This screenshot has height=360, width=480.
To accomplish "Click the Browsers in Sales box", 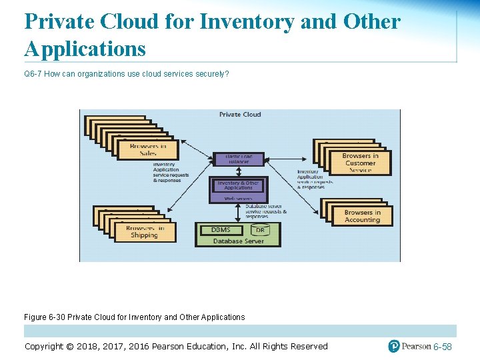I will click(147, 149).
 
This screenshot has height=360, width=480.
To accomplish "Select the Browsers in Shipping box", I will click(144, 231).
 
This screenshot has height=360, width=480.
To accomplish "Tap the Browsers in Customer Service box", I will click(360, 163).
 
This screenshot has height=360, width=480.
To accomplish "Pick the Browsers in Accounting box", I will click(362, 216).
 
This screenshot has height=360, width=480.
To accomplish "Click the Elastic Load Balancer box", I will click(239, 159).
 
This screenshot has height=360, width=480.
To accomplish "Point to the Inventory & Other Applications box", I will click(238, 186).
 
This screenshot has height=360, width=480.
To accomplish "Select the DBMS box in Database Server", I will click(221, 230).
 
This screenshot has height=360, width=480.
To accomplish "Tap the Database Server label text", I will click(238, 241).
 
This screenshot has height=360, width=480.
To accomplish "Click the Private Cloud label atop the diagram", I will click(240, 115).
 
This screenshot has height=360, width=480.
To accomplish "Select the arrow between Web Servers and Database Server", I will click(238, 212).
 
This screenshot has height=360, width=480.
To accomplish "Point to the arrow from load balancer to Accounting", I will click(293, 186).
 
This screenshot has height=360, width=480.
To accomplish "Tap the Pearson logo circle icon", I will click(394, 346).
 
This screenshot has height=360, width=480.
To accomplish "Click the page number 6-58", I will click(443, 347).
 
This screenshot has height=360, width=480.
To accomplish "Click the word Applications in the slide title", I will click(85, 49).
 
